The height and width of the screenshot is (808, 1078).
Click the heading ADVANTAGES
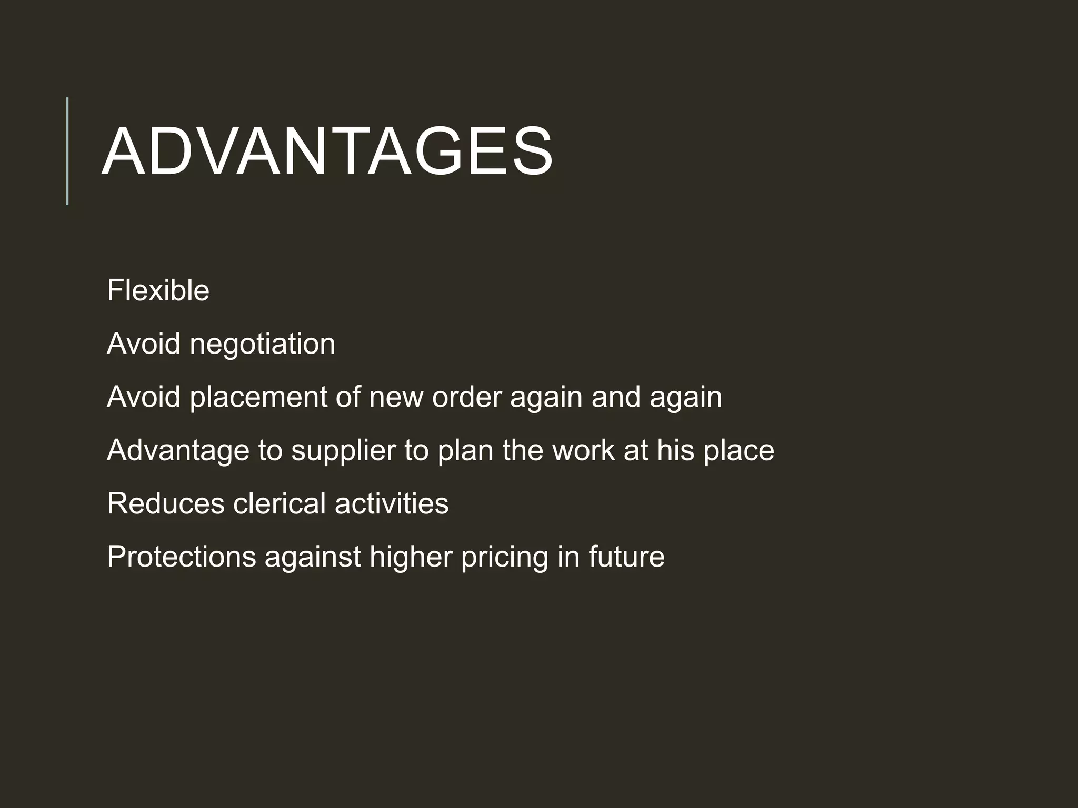(x=326, y=152)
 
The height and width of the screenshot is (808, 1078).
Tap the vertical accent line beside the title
(x=67, y=151)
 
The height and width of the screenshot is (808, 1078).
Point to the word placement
(x=258, y=397)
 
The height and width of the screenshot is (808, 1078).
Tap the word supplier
(x=343, y=451)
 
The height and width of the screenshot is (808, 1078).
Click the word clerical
(x=280, y=503)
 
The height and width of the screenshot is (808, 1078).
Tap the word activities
(x=392, y=503)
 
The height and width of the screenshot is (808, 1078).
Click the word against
(x=313, y=558)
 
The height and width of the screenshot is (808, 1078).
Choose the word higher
(x=411, y=558)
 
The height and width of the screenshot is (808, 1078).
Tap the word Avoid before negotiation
(x=144, y=344)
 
